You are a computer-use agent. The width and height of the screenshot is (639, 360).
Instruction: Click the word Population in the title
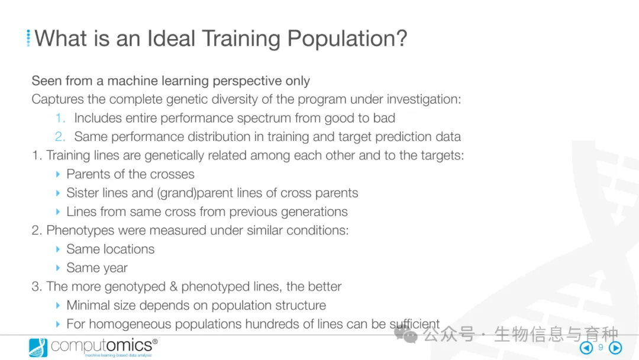coord(347,38)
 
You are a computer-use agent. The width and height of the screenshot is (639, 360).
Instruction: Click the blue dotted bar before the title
coord(28,38)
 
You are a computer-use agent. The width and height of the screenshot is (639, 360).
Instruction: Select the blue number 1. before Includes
coord(60,118)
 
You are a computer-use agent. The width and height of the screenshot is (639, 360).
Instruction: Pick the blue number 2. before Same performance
coord(60,137)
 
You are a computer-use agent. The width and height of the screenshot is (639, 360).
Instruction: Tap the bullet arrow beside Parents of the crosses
coord(58,174)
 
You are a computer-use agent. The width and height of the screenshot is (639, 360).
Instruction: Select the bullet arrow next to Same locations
coord(58,249)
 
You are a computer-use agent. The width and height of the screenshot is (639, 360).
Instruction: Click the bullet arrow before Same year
coord(58,268)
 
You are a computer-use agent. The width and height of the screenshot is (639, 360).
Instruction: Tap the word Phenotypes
coord(80,231)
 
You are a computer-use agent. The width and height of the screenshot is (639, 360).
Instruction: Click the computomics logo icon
coord(38,348)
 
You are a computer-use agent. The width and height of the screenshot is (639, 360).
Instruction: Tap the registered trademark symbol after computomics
coord(155,341)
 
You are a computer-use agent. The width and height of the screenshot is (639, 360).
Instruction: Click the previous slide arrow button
coord(586,348)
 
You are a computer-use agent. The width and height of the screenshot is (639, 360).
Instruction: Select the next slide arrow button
coord(615,348)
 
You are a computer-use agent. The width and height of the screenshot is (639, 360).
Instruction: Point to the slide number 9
coord(601,348)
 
